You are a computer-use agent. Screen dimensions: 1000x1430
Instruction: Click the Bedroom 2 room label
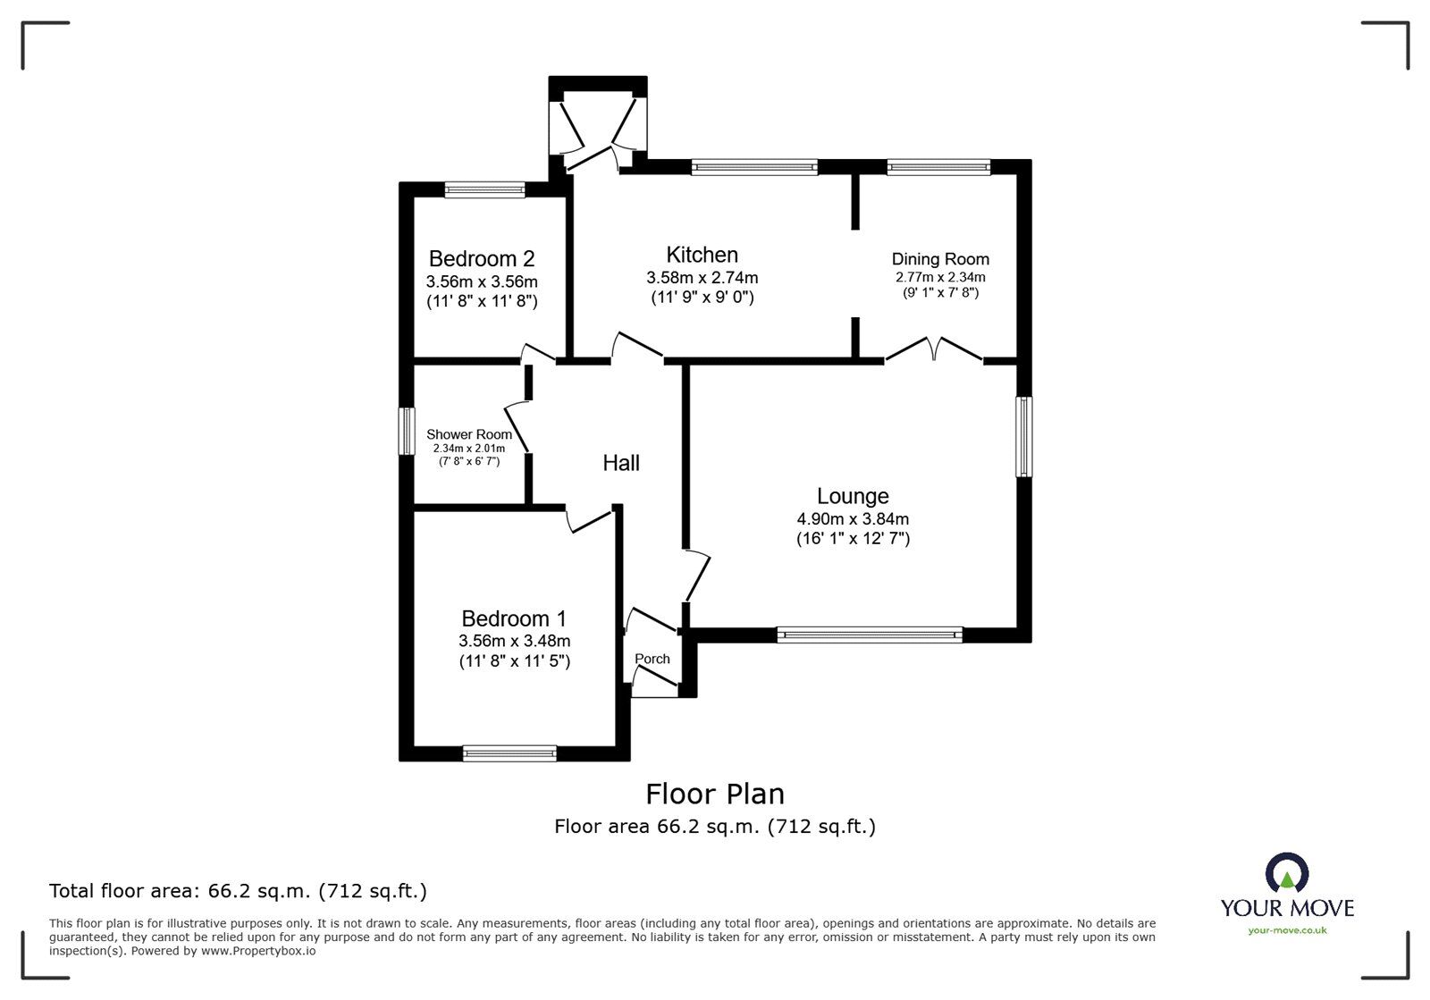pyautogui.click(x=482, y=259)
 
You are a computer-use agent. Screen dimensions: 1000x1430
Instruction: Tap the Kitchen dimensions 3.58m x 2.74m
pyautogui.click(x=702, y=278)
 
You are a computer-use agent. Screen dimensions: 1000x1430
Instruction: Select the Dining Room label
pyautogui.click(x=940, y=259)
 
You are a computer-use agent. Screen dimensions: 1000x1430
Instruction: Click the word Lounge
pyautogui.click(x=853, y=496)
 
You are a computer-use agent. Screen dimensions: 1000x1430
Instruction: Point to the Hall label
pyautogui.click(x=621, y=463)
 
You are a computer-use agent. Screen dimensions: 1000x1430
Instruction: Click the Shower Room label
pyautogui.click(x=468, y=434)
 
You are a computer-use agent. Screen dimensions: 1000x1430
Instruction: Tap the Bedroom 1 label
pyautogui.click(x=514, y=618)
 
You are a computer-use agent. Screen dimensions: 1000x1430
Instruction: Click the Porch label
pyautogui.click(x=652, y=659)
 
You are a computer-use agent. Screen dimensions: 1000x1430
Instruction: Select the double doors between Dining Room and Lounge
pyautogui.click(x=934, y=349)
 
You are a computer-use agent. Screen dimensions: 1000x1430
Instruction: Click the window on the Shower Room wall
pyautogui.click(x=408, y=432)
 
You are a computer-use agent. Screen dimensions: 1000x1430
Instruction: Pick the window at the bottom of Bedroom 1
pyautogui.click(x=509, y=754)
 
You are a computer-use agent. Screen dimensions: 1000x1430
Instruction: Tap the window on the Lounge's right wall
pyautogui.click(x=1024, y=437)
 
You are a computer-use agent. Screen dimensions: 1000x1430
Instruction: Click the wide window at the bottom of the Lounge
pyautogui.click(x=870, y=635)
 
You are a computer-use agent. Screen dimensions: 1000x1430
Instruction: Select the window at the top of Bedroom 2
pyautogui.click(x=484, y=189)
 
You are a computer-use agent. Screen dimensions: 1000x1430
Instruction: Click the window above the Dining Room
pyautogui.click(x=938, y=166)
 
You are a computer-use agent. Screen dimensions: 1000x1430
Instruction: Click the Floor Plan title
pyautogui.click(x=715, y=794)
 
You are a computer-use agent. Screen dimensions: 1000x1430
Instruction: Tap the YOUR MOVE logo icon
pyautogui.click(x=1287, y=872)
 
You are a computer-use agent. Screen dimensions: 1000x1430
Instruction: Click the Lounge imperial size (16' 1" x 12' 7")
pyautogui.click(x=853, y=538)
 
